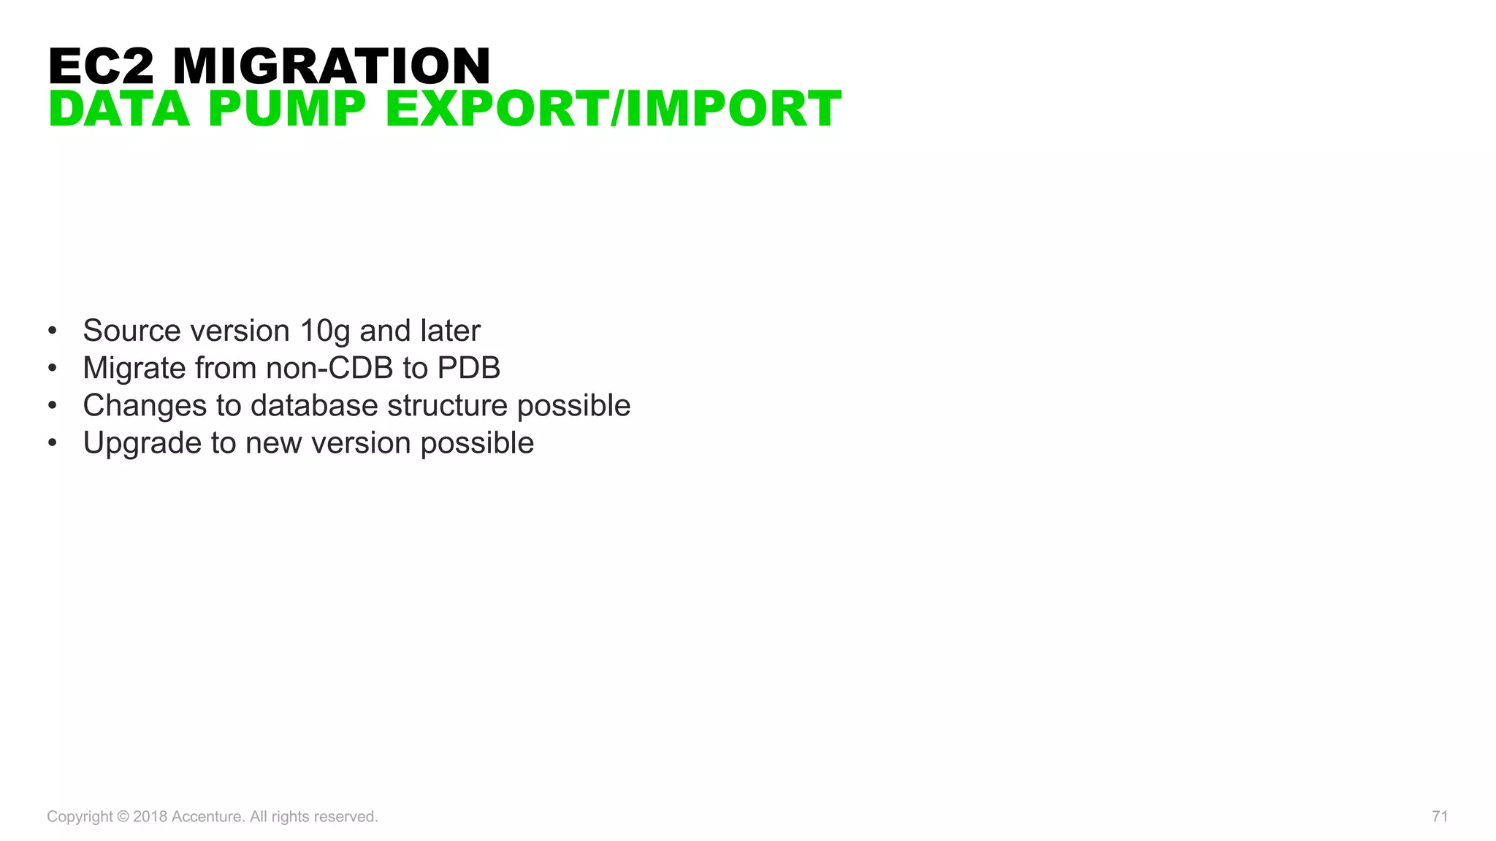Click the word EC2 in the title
coord(102,66)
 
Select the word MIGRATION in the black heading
coord(332,66)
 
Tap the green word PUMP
coord(287,109)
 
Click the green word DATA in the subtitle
coord(119,109)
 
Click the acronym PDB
coord(468,368)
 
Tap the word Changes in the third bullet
coord(145,406)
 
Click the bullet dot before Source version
coord(52,331)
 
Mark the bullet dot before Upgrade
coord(52,443)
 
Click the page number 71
coord(1440,816)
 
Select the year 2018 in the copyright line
coord(150,816)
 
